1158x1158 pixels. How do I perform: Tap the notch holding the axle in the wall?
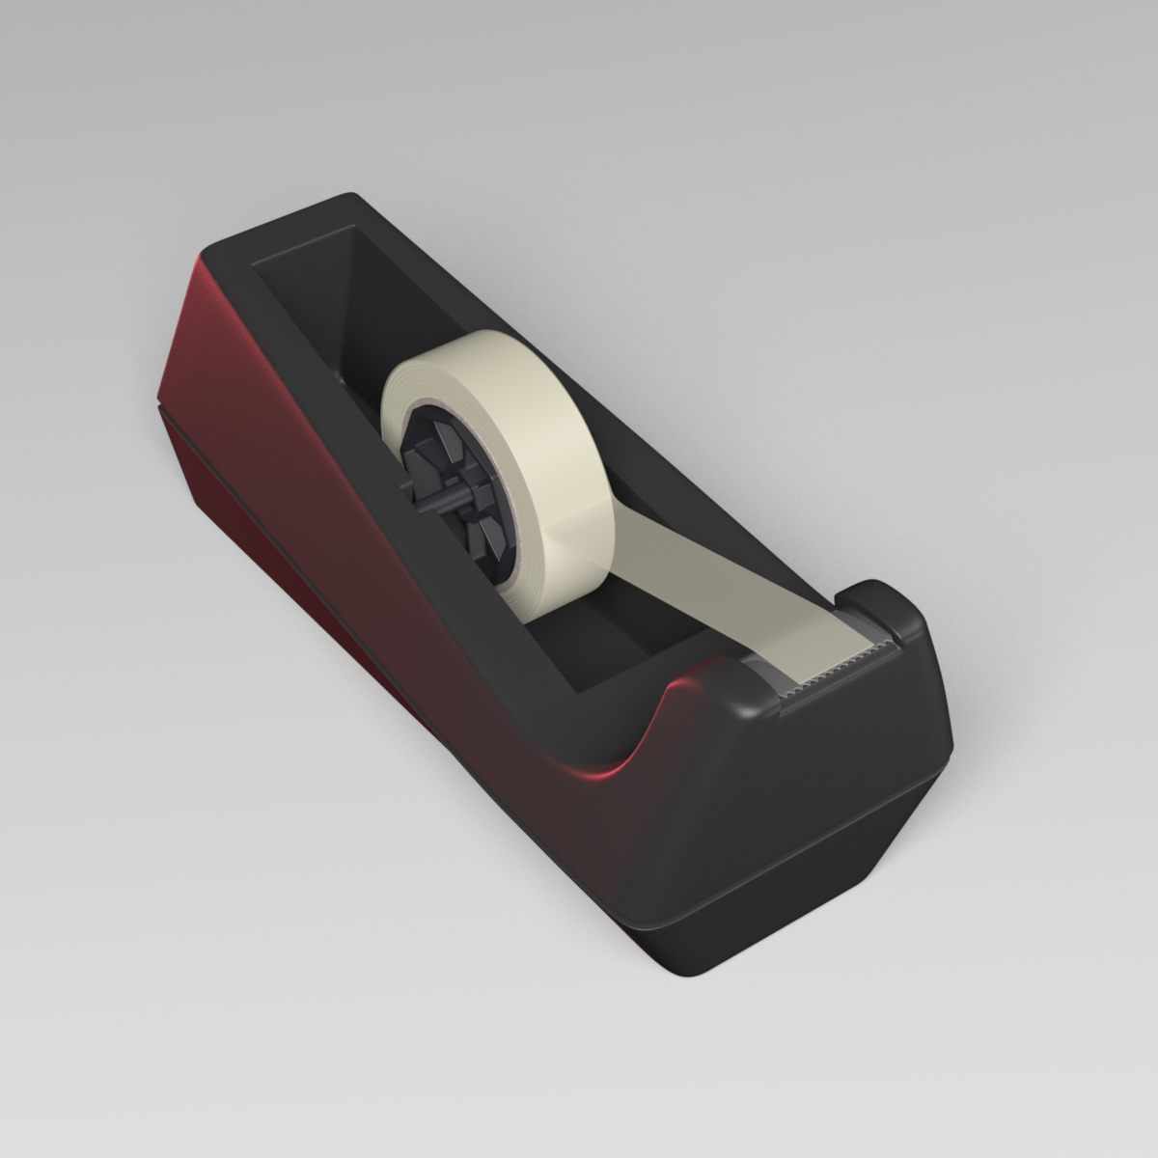pos(410,492)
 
